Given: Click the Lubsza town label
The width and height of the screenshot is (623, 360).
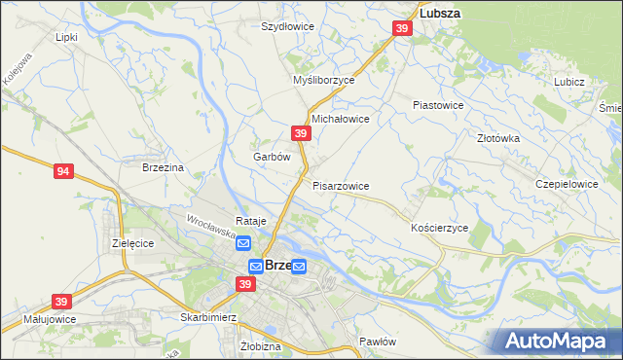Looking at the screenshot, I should coord(439,14).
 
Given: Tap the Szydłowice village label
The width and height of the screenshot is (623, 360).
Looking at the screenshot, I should coord(287,26).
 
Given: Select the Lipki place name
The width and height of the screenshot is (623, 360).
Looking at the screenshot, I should coord(66,37).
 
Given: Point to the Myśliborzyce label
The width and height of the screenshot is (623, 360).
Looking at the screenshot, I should coord(324,81).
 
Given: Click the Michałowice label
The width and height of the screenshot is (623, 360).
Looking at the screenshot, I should coord(340,119).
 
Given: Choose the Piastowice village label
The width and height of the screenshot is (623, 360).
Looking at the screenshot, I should coord(438,104).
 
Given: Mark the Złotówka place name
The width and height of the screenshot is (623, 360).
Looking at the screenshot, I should coord(499,138).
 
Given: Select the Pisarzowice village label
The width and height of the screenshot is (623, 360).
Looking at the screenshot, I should coord(341,185).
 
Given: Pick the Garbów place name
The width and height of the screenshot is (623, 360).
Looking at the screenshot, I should coord(273,157).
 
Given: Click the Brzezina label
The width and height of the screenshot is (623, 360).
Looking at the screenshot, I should coord(163,167).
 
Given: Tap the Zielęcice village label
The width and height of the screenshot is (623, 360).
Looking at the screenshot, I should coord(133,243).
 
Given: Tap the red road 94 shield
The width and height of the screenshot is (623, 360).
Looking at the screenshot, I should coord(63,171).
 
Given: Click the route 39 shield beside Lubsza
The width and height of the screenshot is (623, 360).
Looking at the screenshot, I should coord(402,30).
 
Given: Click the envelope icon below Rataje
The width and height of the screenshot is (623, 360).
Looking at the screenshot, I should coord(243,243).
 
